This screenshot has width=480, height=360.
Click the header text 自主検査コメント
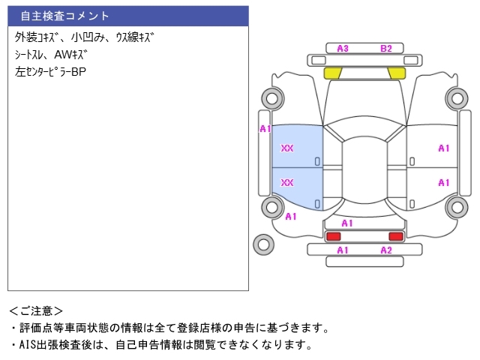click(x=64, y=16)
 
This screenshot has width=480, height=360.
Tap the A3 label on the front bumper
click(x=343, y=49)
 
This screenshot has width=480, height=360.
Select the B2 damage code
click(x=386, y=49)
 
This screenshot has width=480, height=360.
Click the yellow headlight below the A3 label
click(x=333, y=73)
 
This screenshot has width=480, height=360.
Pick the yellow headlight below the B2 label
click(x=397, y=73)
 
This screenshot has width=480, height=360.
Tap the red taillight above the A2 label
click(x=396, y=236)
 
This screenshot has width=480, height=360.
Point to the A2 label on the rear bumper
click(x=386, y=250)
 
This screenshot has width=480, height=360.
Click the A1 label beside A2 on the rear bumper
click(x=343, y=250)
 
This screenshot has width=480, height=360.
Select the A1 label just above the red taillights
click(x=347, y=223)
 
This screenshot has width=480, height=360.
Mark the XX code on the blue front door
click(x=287, y=148)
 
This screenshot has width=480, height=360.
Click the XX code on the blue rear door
click(x=287, y=183)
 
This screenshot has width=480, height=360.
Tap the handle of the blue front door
click(x=317, y=161)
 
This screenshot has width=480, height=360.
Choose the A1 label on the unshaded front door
click(x=443, y=148)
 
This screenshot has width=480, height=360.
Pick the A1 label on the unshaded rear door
click(x=443, y=183)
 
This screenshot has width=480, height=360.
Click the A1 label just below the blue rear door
click(x=291, y=217)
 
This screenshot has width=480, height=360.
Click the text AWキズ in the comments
click(x=71, y=55)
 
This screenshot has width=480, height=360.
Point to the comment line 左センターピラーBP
click(x=50, y=72)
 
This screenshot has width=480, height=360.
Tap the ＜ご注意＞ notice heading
click(x=36, y=311)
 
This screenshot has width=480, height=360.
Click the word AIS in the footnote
click(x=28, y=345)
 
